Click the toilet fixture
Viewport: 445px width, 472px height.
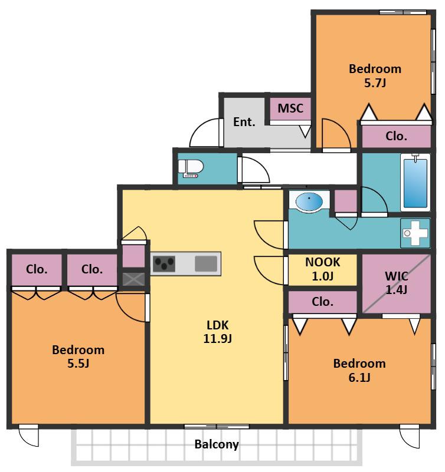(x=191, y=169)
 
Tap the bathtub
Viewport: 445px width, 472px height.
(x=415, y=182)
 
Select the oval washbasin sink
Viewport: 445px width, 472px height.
(x=309, y=202)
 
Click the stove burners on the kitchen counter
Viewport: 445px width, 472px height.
(x=163, y=263)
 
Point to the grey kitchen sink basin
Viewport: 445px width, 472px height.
(x=206, y=263)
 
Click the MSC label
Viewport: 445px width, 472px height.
(x=290, y=108)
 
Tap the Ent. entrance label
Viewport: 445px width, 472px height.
(x=244, y=122)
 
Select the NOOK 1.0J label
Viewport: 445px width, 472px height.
(x=323, y=269)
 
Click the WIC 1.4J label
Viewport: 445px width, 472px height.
(x=397, y=283)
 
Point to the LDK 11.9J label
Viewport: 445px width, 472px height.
(x=217, y=332)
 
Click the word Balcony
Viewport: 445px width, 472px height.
(x=217, y=444)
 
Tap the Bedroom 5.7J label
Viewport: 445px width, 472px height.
(x=375, y=75)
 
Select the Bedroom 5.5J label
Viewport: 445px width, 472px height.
(x=78, y=357)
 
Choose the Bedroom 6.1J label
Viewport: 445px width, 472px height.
(x=359, y=370)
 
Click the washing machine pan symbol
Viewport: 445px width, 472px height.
(x=415, y=233)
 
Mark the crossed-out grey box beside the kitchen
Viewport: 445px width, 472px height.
(x=133, y=279)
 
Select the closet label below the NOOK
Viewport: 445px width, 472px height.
(x=323, y=302)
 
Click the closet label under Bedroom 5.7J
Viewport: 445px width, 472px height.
(x=396, y=136)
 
